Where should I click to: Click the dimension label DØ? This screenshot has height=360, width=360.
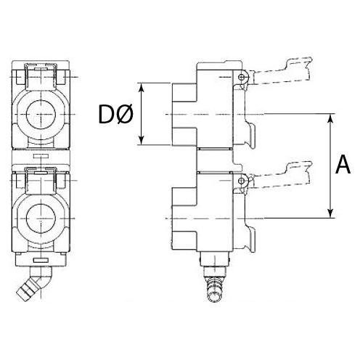point(114,115)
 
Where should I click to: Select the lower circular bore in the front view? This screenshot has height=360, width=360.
point(41,218)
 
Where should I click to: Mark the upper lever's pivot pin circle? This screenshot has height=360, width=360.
point(240,77)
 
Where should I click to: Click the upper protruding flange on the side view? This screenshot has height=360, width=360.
point(183,115)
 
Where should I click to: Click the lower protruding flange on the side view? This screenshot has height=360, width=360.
point(183,218)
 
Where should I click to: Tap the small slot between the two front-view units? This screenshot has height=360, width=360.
point(41,155)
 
